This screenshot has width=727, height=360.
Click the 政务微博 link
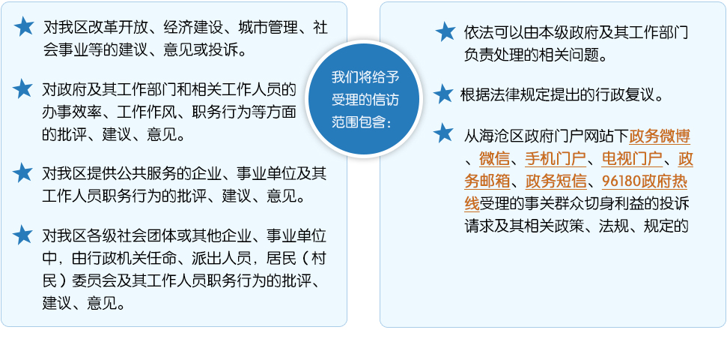[660, 136]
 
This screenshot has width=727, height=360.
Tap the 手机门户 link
[556, 159]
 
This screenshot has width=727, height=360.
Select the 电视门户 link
[632, 159]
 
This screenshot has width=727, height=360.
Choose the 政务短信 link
[556, 181]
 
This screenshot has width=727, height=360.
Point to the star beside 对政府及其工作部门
[22, 88]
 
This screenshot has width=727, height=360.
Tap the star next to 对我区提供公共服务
[22, 172]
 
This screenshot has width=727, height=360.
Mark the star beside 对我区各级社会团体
[22, 235]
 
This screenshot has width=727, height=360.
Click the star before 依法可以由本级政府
[445, 31]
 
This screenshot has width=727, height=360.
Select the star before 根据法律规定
[443, 94]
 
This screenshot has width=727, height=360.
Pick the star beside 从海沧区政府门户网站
[443, 133]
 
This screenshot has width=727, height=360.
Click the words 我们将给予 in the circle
[365, 77]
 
